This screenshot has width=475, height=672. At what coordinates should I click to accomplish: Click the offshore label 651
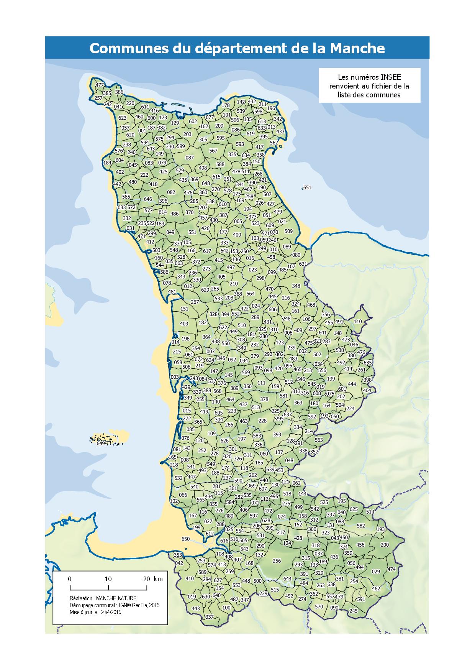click(x=307, y=187)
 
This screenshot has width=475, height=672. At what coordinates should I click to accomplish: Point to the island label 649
click(x=101, y=444)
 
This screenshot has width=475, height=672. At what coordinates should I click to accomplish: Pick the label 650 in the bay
click(x=185, y=539)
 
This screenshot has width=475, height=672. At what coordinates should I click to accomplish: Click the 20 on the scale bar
click(x=146, y=579)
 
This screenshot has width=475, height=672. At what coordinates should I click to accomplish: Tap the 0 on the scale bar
click(x=70, y=579)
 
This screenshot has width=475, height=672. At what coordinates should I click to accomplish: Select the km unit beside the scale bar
click(x=158, y=579)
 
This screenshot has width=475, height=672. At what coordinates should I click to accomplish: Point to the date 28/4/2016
click(x=110, y=612)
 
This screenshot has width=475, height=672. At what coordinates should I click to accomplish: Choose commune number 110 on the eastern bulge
click(x=358, y=322)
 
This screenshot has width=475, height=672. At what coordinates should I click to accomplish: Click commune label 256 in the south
click(x=277, y=561)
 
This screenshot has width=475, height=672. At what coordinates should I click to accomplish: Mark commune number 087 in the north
click(x=190, y=158)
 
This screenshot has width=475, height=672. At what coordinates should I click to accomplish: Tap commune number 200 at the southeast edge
click(x=385, y=545)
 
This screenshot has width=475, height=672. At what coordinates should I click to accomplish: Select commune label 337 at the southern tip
click(x=209, y=628)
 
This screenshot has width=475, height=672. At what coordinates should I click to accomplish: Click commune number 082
click(x=171, y=192)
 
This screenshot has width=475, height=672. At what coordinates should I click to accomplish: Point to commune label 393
click(x=277, y=435)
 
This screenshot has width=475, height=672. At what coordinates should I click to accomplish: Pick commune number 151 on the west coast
click(x=184, y=309)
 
